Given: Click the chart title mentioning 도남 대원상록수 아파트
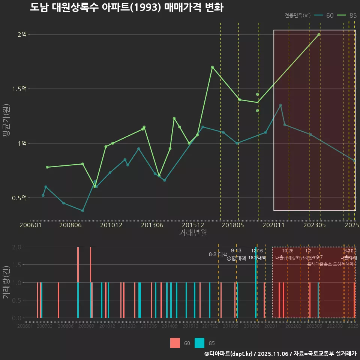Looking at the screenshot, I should click(x=126, y=7).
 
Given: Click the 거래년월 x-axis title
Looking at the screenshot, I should click(x=193, y=233).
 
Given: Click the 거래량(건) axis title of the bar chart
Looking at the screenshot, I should click(x=6, y=282).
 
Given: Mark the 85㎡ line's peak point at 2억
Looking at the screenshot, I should click(x=319, y=34).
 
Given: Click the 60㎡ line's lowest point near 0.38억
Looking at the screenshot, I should click(x=82, y=211).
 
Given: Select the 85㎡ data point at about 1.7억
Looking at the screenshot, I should click(x=212, y=67).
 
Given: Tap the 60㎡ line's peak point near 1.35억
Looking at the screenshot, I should click(x=280, y=105).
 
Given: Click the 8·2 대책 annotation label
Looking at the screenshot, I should click(x=218, y=254).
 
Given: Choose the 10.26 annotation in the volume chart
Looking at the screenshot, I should click(x=288, y=251).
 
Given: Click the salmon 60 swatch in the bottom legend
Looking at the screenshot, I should click(x=175, y=343).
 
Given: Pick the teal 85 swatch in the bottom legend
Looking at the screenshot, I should click(x=200, y=343).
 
